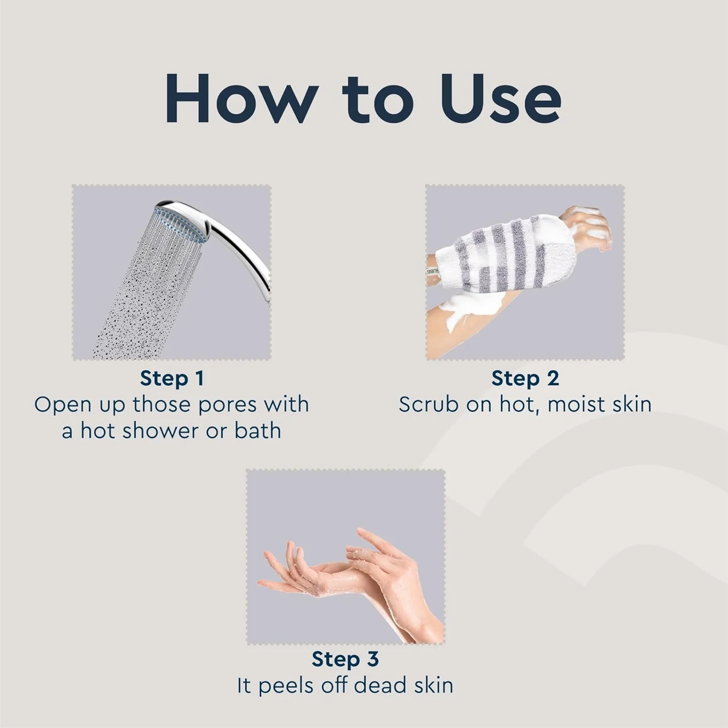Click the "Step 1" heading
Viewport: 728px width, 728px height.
[x=172, y=378]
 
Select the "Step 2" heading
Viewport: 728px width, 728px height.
[x=525, y=378]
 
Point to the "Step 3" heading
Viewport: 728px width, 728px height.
[x=345, y=659]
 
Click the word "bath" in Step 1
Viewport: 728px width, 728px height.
[x=258, y=431]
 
